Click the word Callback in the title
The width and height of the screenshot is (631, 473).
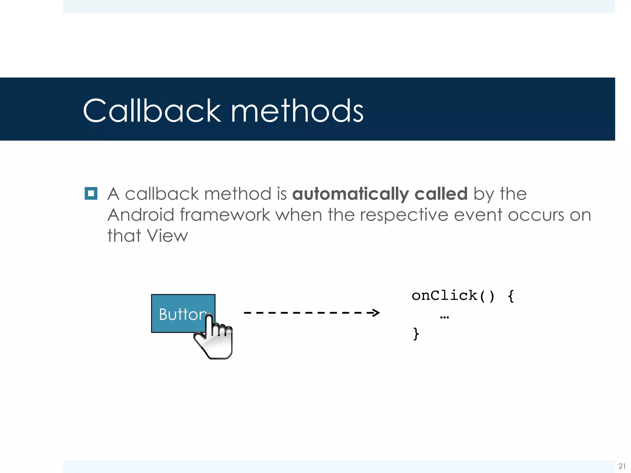[x=152, y=111]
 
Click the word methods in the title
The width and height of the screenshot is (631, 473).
[x=297, y=111]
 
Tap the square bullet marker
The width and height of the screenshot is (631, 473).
[x=91, y=193]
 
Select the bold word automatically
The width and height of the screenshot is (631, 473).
[x=350, y=194]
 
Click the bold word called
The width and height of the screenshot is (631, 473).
[x=441, y=194]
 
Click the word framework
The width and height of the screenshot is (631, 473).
[x=225, y=215]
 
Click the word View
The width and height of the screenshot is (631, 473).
[x=167, y=236]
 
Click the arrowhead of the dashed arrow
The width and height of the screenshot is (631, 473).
[x=375, y=313]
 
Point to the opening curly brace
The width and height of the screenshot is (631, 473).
[x=511, y=296]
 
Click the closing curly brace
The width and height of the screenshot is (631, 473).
[x=416, y=334]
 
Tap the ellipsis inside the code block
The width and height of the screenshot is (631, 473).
[x=445, y=317]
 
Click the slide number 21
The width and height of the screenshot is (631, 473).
[x=622, y=466]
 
